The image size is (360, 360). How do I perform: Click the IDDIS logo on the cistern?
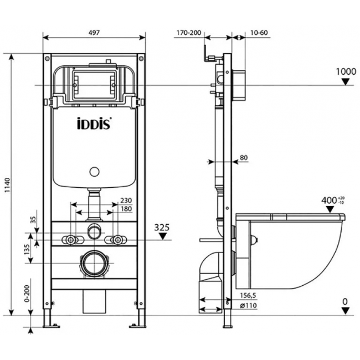coord(94,124)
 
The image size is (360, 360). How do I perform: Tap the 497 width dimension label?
coord(94,33)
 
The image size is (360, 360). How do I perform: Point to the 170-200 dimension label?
coord(189,33)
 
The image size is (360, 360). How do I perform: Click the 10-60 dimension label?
coord(259,33)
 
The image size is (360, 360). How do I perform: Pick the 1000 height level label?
coord(346,71)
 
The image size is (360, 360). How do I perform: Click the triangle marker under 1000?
coord(345,82)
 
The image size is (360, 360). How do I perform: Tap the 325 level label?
coord(162,227)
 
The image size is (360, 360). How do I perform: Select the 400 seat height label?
coord(329,200)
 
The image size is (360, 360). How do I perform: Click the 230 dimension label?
coord(126,200)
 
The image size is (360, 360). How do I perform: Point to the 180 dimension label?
coord(126,209)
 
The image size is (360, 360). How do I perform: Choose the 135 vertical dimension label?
coord(27,250)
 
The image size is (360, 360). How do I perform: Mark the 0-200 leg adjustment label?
coord(27,294)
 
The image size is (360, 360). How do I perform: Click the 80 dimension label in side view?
coord(244,158)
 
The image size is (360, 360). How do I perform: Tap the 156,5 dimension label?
coord(248,296)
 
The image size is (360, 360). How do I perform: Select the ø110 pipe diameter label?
coord(249,306)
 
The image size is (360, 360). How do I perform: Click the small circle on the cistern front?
coord(94,172)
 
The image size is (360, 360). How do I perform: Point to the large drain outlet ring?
coord(94,263)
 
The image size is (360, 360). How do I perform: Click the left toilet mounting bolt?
coord(70,240)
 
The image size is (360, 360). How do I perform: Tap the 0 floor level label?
coord(345,301)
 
